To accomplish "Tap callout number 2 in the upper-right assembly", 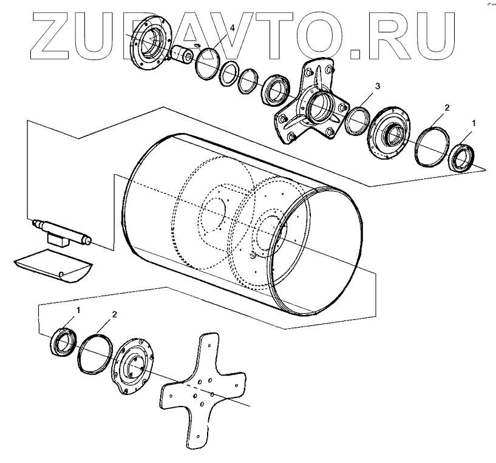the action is pos(446,107).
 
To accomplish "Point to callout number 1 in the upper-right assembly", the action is pos(474,123).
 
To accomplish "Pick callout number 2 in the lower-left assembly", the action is pos(114,315).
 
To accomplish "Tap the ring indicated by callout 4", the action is pos(208,63).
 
